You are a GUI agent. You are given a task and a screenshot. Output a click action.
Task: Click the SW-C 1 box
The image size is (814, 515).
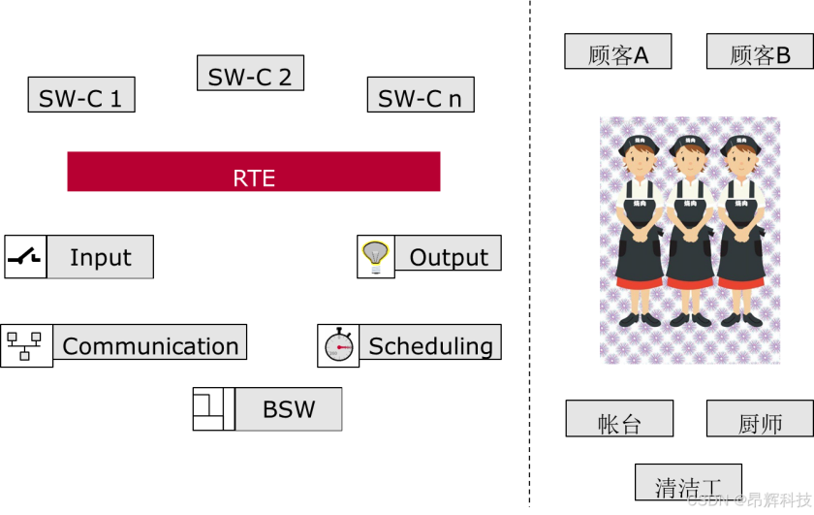[81, 95]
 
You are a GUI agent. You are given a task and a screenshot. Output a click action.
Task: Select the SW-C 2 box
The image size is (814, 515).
[250, 74]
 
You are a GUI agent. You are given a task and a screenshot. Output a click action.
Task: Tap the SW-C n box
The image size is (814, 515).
[421, 95]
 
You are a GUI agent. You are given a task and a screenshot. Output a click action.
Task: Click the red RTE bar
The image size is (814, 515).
[254, 172]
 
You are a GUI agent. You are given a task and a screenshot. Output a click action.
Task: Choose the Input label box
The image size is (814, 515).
[100, 257]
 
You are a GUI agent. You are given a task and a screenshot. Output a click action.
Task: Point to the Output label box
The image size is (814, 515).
[448, 253]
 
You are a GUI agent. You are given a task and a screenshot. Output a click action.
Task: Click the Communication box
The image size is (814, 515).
[149, 342]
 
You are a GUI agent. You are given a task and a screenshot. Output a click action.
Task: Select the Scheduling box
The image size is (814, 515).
[430, 342]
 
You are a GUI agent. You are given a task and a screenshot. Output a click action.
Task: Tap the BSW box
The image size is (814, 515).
[289, 409]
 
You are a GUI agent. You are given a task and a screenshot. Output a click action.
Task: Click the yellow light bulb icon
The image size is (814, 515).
[375, 254]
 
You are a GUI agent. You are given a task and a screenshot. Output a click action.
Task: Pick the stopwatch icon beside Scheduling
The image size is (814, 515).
[340, 344]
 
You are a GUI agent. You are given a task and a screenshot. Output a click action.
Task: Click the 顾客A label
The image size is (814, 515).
[618, 52]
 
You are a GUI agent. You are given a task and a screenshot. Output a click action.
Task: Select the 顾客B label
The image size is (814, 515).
[760, 52]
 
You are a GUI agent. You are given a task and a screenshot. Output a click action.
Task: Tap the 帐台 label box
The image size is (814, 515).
[619, 420]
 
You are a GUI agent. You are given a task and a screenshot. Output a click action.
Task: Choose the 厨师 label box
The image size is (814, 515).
[760, 420]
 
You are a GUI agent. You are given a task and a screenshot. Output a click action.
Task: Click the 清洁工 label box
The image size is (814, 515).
[688, 482]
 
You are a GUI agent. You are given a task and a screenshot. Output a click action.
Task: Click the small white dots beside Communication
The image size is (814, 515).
[24, 344]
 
